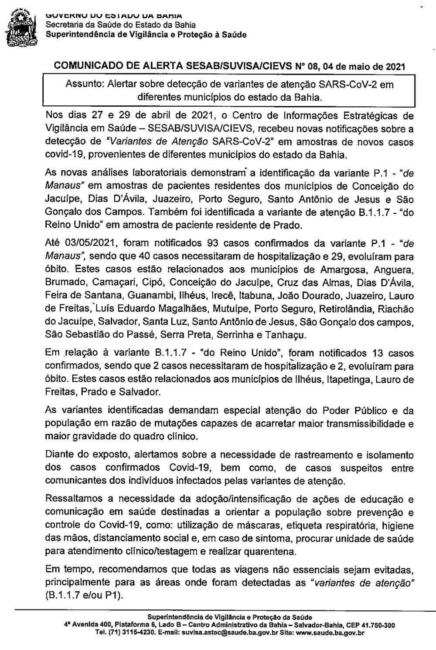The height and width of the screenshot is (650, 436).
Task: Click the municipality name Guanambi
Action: click(138, 296)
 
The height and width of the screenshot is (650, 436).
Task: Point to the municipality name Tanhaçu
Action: click(286, 335)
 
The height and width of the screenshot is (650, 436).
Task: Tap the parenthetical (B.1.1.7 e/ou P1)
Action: click(84, 595)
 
